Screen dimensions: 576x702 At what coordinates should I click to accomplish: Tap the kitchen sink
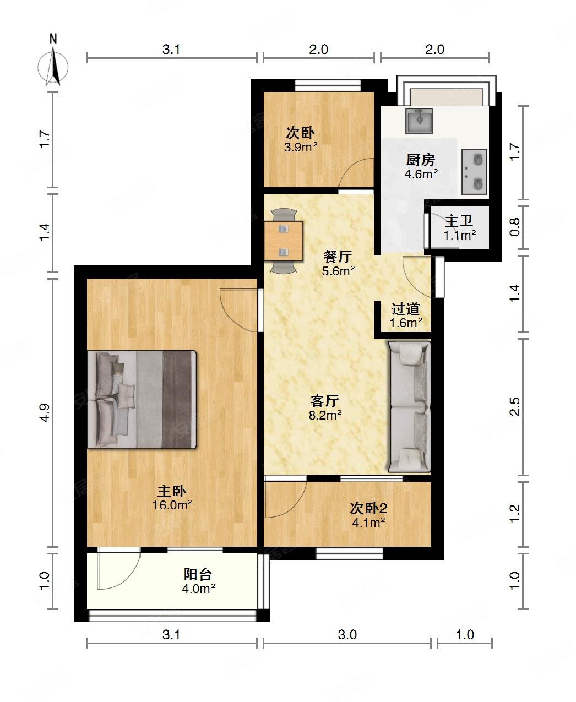click(419, 121)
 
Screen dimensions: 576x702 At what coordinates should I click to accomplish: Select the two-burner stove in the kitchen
click(474, 172)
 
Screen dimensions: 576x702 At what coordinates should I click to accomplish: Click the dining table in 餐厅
click(284, 241)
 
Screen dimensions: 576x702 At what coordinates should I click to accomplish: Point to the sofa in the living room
click(409, 406)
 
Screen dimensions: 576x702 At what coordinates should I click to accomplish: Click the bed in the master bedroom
click(142, 399)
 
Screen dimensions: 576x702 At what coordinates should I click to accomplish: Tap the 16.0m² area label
click(172, 505)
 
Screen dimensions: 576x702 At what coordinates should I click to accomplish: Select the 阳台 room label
click(198, 574)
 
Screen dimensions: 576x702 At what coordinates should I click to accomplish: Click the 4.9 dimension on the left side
click(45, 412)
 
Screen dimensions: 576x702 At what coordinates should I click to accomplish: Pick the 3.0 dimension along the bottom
click(347, 635)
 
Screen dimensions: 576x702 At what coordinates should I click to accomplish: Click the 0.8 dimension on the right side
click(514, 227)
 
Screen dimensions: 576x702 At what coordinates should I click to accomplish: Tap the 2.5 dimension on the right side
click(514, 406)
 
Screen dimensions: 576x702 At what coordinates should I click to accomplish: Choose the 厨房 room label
click(421, 160)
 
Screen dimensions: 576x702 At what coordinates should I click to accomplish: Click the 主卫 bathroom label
click(459, 221)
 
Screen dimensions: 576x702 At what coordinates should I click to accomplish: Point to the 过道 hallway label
click(405, 309)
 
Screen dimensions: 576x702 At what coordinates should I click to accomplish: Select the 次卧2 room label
click(368, 508)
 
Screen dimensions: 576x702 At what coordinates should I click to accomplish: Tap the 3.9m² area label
click(300, 147)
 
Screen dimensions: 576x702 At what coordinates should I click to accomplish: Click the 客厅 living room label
click(325, 401)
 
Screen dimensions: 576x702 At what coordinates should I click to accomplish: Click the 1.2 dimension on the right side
click(514, 514)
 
